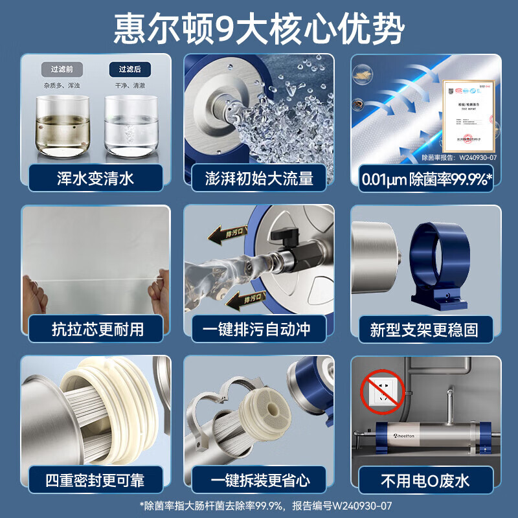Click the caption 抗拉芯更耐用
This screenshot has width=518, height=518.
tap(96, 329)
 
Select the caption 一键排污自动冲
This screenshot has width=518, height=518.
tap(258, 329)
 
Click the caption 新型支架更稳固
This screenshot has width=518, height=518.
tap(425, 329)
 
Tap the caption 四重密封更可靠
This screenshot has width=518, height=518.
tap(96, 480)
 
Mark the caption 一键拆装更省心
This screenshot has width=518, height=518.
tap(258, 480)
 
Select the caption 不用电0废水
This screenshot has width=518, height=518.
tap(425, 480)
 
